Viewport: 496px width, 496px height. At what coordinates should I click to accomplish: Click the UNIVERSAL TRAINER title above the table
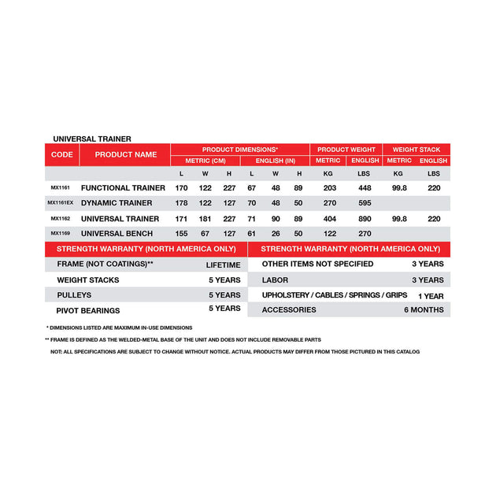coord(92,139)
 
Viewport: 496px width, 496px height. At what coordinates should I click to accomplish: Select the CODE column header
coord(61,154)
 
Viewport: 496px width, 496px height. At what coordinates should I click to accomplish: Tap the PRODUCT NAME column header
coord(126,154)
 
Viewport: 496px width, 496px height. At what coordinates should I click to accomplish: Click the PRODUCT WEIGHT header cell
coord(346,149)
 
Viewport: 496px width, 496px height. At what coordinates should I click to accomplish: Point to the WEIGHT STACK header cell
coord(416,149)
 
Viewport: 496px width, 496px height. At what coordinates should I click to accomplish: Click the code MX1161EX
coord(61,203)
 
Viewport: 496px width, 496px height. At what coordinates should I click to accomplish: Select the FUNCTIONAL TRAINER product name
coord(123,188)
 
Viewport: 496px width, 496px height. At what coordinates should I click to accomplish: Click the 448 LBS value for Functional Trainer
coord(365,188)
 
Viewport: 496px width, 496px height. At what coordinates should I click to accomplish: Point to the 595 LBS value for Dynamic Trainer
coord(365,203)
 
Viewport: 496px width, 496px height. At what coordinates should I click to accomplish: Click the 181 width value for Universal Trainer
coord(205,219)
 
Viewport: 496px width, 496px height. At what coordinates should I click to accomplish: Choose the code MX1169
coord(61,234)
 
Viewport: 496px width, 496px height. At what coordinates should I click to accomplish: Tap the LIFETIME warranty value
coord(223,265)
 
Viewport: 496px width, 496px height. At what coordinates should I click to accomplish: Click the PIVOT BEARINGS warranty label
coord(88,309)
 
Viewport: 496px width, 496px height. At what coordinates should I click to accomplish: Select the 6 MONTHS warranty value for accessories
coord(424,309)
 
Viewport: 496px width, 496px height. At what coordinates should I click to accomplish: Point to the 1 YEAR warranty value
coord(431,295)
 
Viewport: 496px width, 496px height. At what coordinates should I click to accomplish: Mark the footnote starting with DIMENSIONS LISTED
coord(119,327)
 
